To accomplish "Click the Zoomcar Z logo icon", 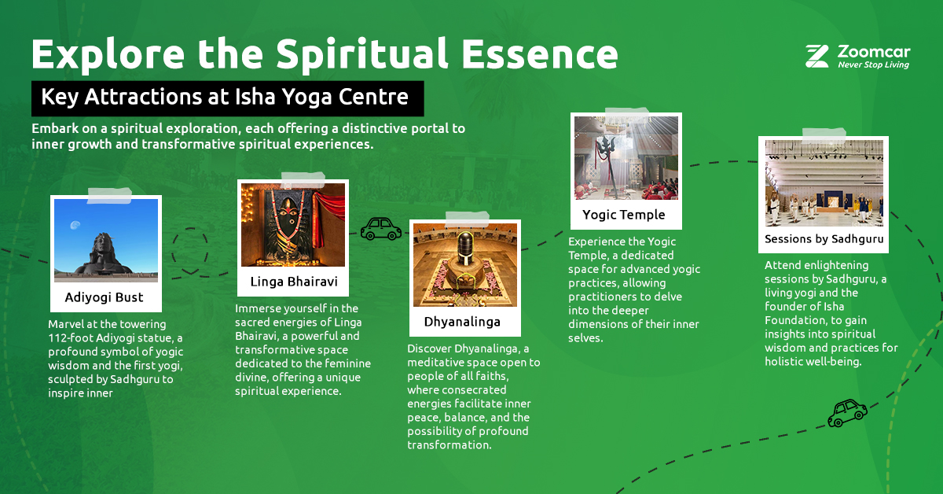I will [x=817, y=56].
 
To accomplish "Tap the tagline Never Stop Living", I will [x=873, y=65].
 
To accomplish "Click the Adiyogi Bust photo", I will [x=105, y=240].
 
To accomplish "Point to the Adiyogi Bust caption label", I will [x=105, y=298].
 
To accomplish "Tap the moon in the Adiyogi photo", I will [x=74, y=225].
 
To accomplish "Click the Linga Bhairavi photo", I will [x=292, y=225].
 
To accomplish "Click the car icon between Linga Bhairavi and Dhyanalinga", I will [x=380, y=228].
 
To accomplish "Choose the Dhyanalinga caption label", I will [x=462, y=321].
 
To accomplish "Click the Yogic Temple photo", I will [x=626, y=158].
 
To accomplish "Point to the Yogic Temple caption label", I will [x=624, y=215].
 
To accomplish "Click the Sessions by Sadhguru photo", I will [x=824, y=184].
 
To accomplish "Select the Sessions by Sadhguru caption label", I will [x=824, y=238].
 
